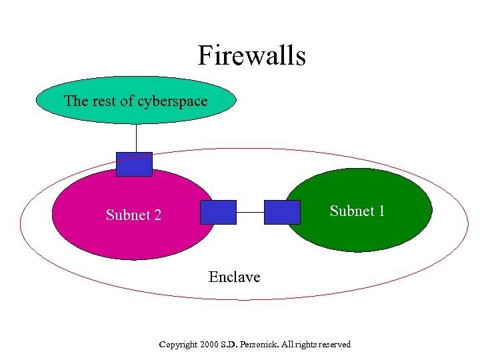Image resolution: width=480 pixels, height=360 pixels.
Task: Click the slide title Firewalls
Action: pos(251,55)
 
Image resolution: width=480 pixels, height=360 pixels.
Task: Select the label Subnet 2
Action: pos(133,215)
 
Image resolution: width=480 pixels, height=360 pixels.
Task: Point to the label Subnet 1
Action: pos(357,211)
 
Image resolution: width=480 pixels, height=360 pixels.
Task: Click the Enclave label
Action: pos(234,276)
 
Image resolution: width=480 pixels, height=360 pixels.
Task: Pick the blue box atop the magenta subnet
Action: pos(134,164)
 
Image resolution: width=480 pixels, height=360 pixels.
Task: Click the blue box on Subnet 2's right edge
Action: pos(218,212)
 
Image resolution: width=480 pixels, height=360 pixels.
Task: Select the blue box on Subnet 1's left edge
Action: pos(282,212)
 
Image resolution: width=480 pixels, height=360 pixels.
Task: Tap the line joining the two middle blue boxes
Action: pos(250,212)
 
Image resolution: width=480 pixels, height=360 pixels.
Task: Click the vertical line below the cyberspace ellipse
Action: pos(136,138)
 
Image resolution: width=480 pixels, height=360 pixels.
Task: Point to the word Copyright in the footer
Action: pos(178,345)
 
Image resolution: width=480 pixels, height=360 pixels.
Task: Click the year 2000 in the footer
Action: pos(209,345)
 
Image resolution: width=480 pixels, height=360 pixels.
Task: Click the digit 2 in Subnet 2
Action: pos(157,215)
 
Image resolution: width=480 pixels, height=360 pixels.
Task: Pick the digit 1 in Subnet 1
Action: pos(381,211)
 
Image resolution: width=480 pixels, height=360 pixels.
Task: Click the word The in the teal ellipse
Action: pos(75,101)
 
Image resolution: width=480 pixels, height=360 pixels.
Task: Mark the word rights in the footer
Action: pos(305,345)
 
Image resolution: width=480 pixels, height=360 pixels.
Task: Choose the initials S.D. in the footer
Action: pos(230,345)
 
